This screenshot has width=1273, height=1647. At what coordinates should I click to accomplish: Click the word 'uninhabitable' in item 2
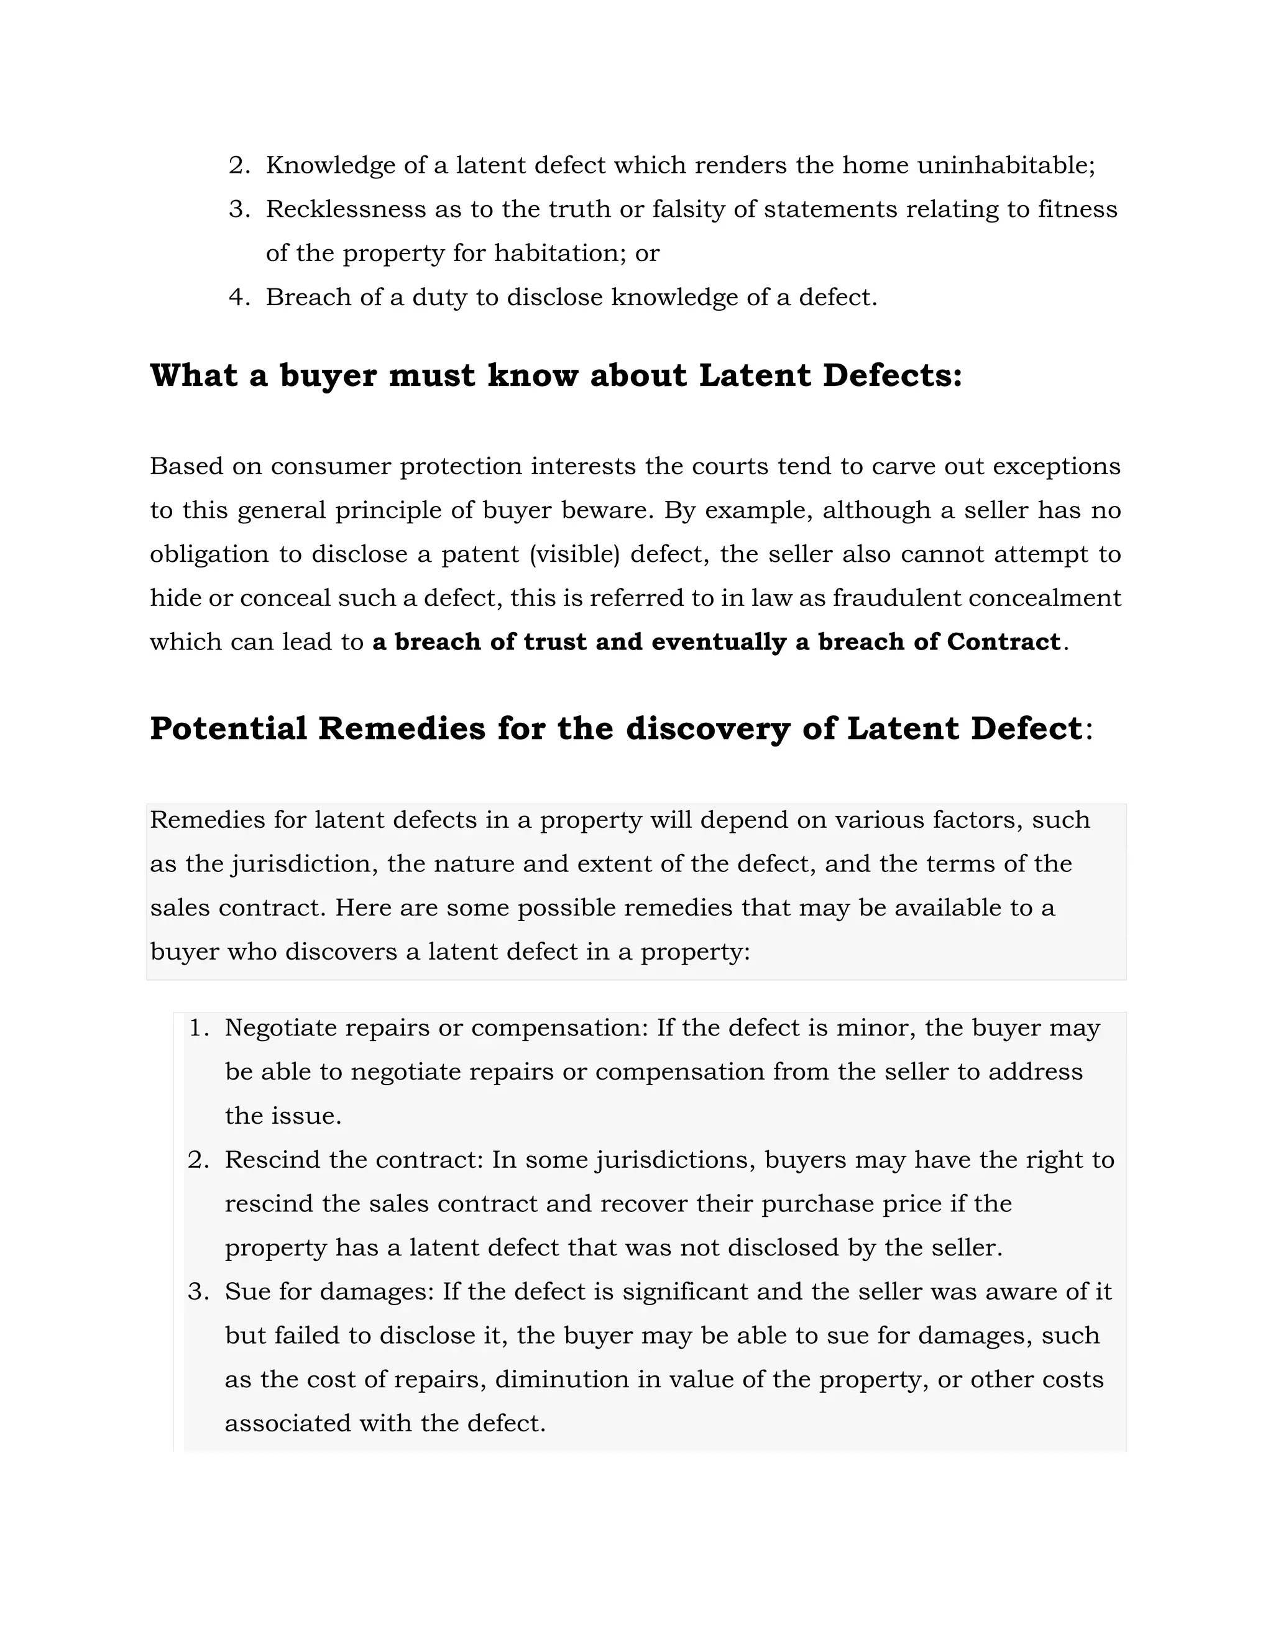pyautogui.click(x=1005, y=165)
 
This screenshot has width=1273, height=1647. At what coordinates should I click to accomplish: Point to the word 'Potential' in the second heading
pyautogui.click(x=227, y=728)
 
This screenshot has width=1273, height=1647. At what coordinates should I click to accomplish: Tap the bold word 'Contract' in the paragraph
pyautogui.click(x=1003, y=642)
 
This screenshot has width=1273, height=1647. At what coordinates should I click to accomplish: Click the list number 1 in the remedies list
pyautogui.click(x=198, y=1028)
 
